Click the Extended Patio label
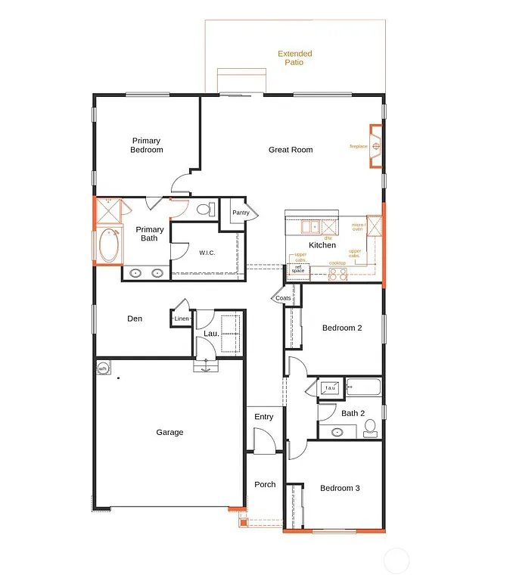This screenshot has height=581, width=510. [294, 58]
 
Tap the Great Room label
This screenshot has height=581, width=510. [291, 150]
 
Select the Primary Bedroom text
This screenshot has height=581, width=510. [146, 145]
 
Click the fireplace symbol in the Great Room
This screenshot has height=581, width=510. [375, 145]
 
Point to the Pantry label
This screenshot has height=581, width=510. [241, 213]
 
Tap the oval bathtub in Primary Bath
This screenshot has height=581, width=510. [109, 245]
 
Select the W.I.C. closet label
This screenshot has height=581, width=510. [207, 253]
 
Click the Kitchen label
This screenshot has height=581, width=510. [322, 245]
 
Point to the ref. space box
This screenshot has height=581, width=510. [298, 269]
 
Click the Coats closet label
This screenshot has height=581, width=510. [283, 298]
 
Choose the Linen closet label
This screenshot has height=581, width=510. [182, 319]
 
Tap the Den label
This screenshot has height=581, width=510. [135, 319]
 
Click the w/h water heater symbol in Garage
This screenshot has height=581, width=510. [104, 368]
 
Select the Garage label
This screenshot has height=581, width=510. [169, 433]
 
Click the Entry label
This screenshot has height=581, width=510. [264, 417]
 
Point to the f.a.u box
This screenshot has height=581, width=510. [331, 388]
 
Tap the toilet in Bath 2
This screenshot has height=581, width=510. [369, 429]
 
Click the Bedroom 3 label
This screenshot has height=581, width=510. [340, 488]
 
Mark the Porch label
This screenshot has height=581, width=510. [265, 484]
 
